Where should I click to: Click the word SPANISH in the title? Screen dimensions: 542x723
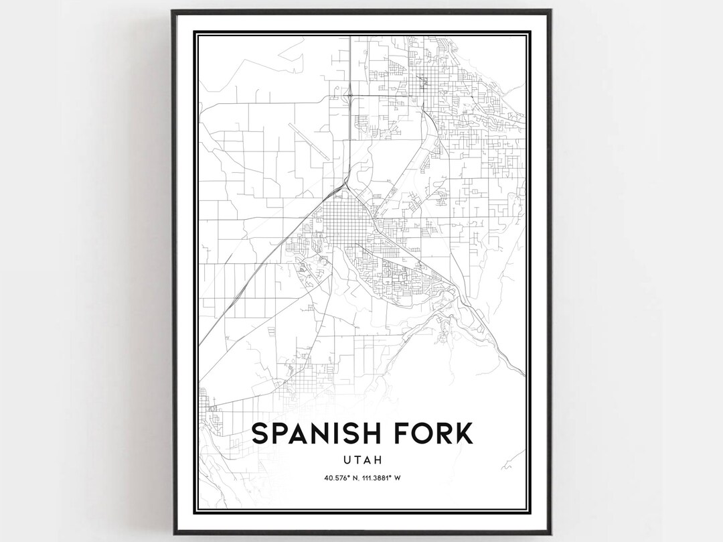click(313, 433)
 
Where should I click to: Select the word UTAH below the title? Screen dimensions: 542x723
click(361, 460)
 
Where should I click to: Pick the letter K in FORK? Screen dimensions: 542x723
click(462, 433)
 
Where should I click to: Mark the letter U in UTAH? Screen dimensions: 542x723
click(345, 460)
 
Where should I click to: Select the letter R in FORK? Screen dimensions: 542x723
click(440, 433)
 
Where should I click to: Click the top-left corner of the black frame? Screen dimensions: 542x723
click(172, 11)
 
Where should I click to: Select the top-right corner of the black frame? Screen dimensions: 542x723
click(551, 11)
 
